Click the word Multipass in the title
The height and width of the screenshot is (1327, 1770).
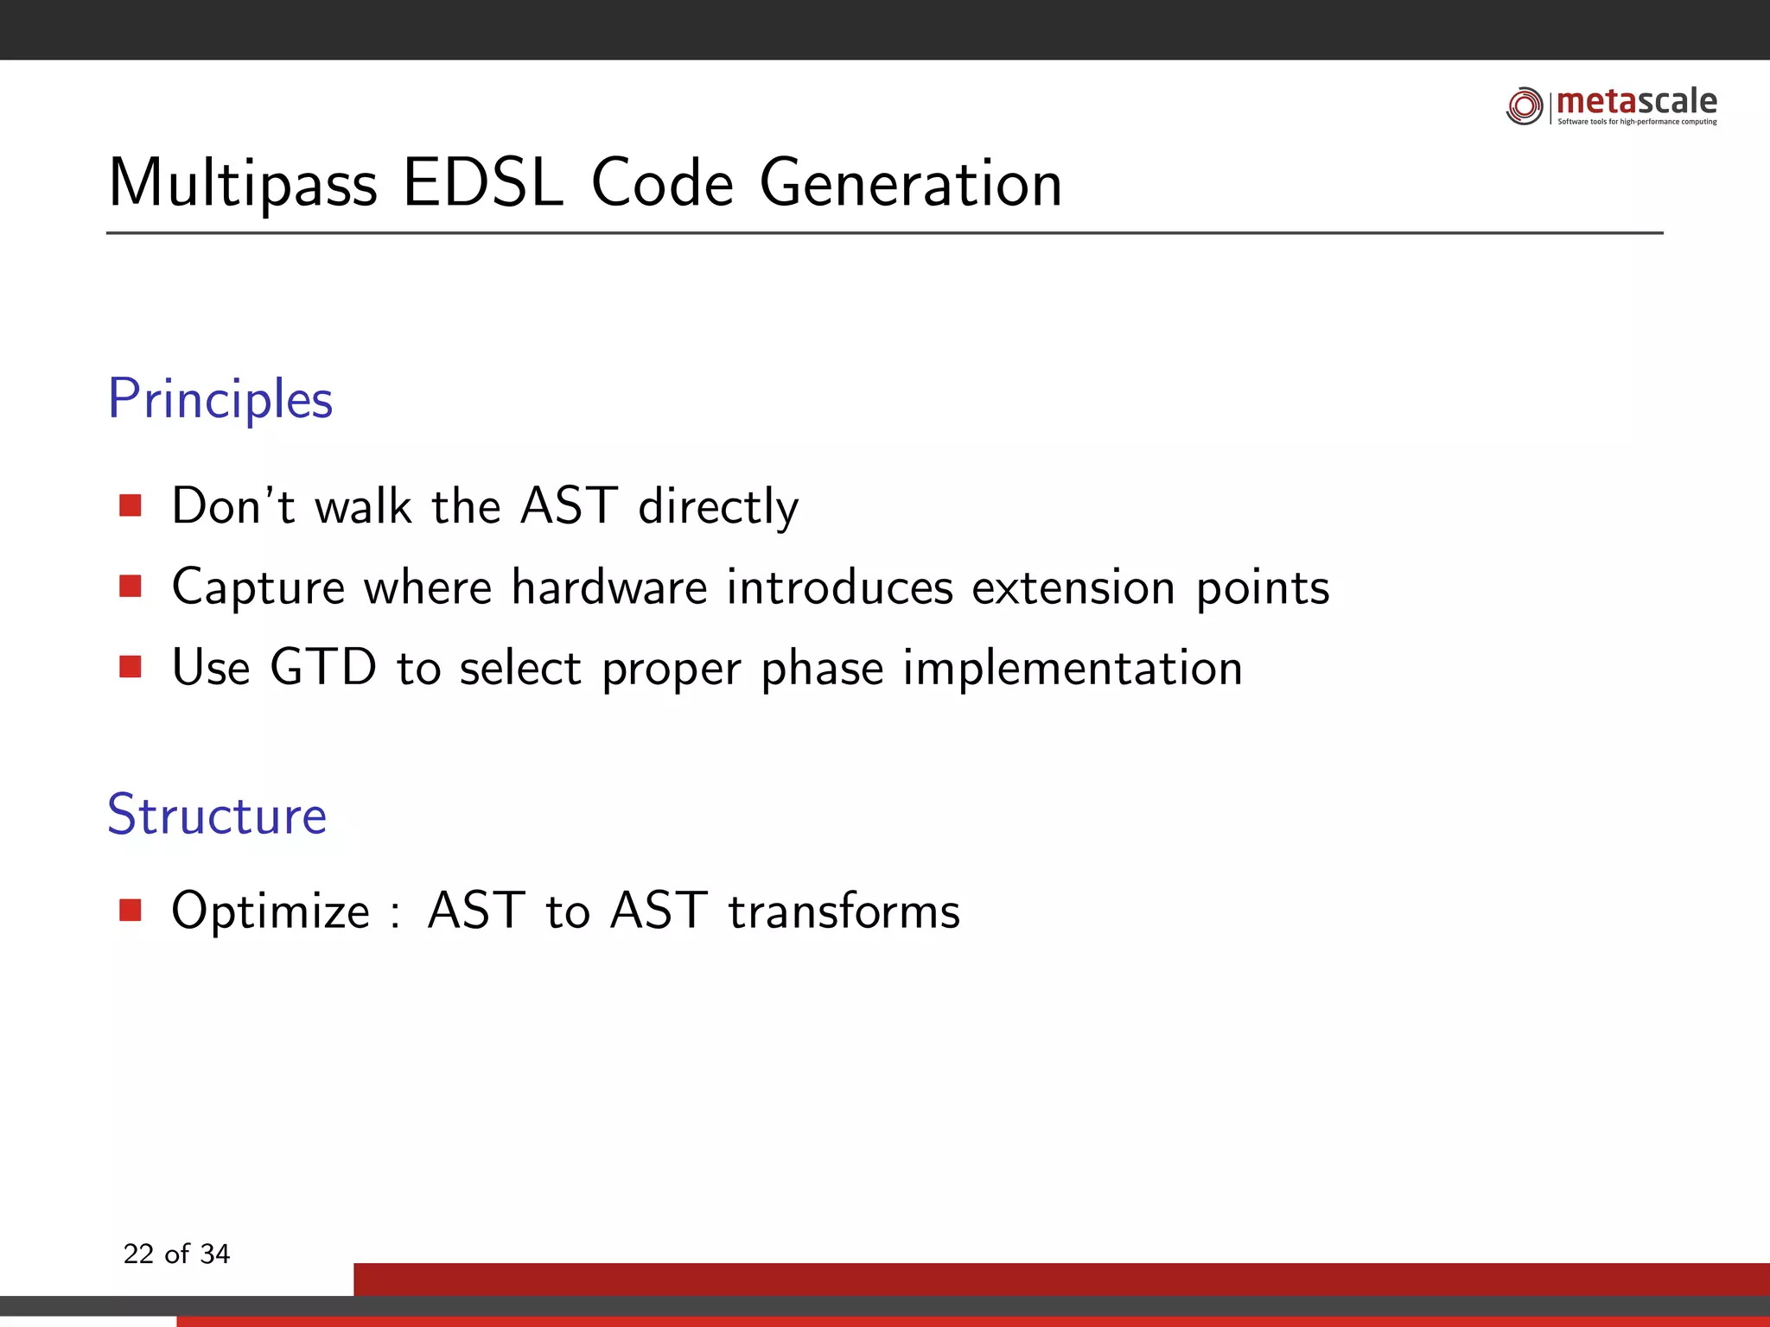tap(243, 185)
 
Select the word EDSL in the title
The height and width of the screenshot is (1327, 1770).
tap(482, 183)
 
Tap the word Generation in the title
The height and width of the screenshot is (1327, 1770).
tap(910, 183)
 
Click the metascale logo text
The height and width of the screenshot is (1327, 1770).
tap(1636, 101)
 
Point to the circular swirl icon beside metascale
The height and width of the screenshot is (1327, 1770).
tap(1525, 106)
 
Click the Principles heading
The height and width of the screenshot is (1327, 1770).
tap(220, 400)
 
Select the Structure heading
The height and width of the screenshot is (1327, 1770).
tap(217, 815)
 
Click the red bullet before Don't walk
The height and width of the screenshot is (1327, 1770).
tap(131, 505)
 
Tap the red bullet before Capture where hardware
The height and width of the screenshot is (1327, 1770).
tap(131, 587)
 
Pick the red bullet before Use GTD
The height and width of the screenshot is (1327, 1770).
tap(131, 667)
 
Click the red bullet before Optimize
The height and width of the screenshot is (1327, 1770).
tap(131, 911)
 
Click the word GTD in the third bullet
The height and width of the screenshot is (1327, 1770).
tap(323, 668)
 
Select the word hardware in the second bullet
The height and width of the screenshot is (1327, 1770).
tap(609, 587)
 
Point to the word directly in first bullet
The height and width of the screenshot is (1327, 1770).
tap(718, 507)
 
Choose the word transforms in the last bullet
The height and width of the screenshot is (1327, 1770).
tap(844, 911)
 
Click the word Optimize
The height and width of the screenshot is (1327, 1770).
tap(271, 912)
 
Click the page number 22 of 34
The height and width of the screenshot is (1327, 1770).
tap(176, 1254)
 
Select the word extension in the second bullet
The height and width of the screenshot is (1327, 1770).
tap(1073, 587)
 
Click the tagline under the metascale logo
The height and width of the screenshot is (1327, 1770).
tap(1637, 122)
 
